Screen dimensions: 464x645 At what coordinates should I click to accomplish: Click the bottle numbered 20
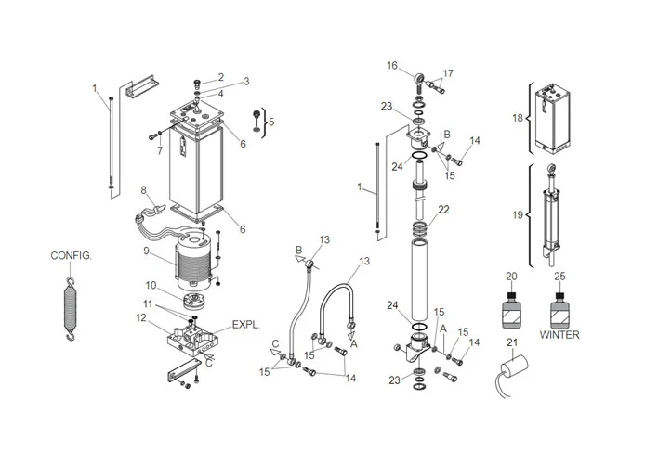point(510,307)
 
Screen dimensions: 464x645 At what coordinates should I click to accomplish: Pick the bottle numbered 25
point(559,307)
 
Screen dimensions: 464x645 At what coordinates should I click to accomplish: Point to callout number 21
point(509,343)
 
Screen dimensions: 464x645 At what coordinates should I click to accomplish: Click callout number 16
point(391,66)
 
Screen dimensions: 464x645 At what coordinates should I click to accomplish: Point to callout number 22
point(444,209)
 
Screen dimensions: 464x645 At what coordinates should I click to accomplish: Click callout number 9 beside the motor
point(147,251)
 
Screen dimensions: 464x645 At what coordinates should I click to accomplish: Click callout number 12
point(140,317)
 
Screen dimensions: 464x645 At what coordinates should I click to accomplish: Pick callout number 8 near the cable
point(144,190)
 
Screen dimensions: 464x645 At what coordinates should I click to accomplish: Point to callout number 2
point(220,76)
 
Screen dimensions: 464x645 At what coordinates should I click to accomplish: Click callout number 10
point(150,284)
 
